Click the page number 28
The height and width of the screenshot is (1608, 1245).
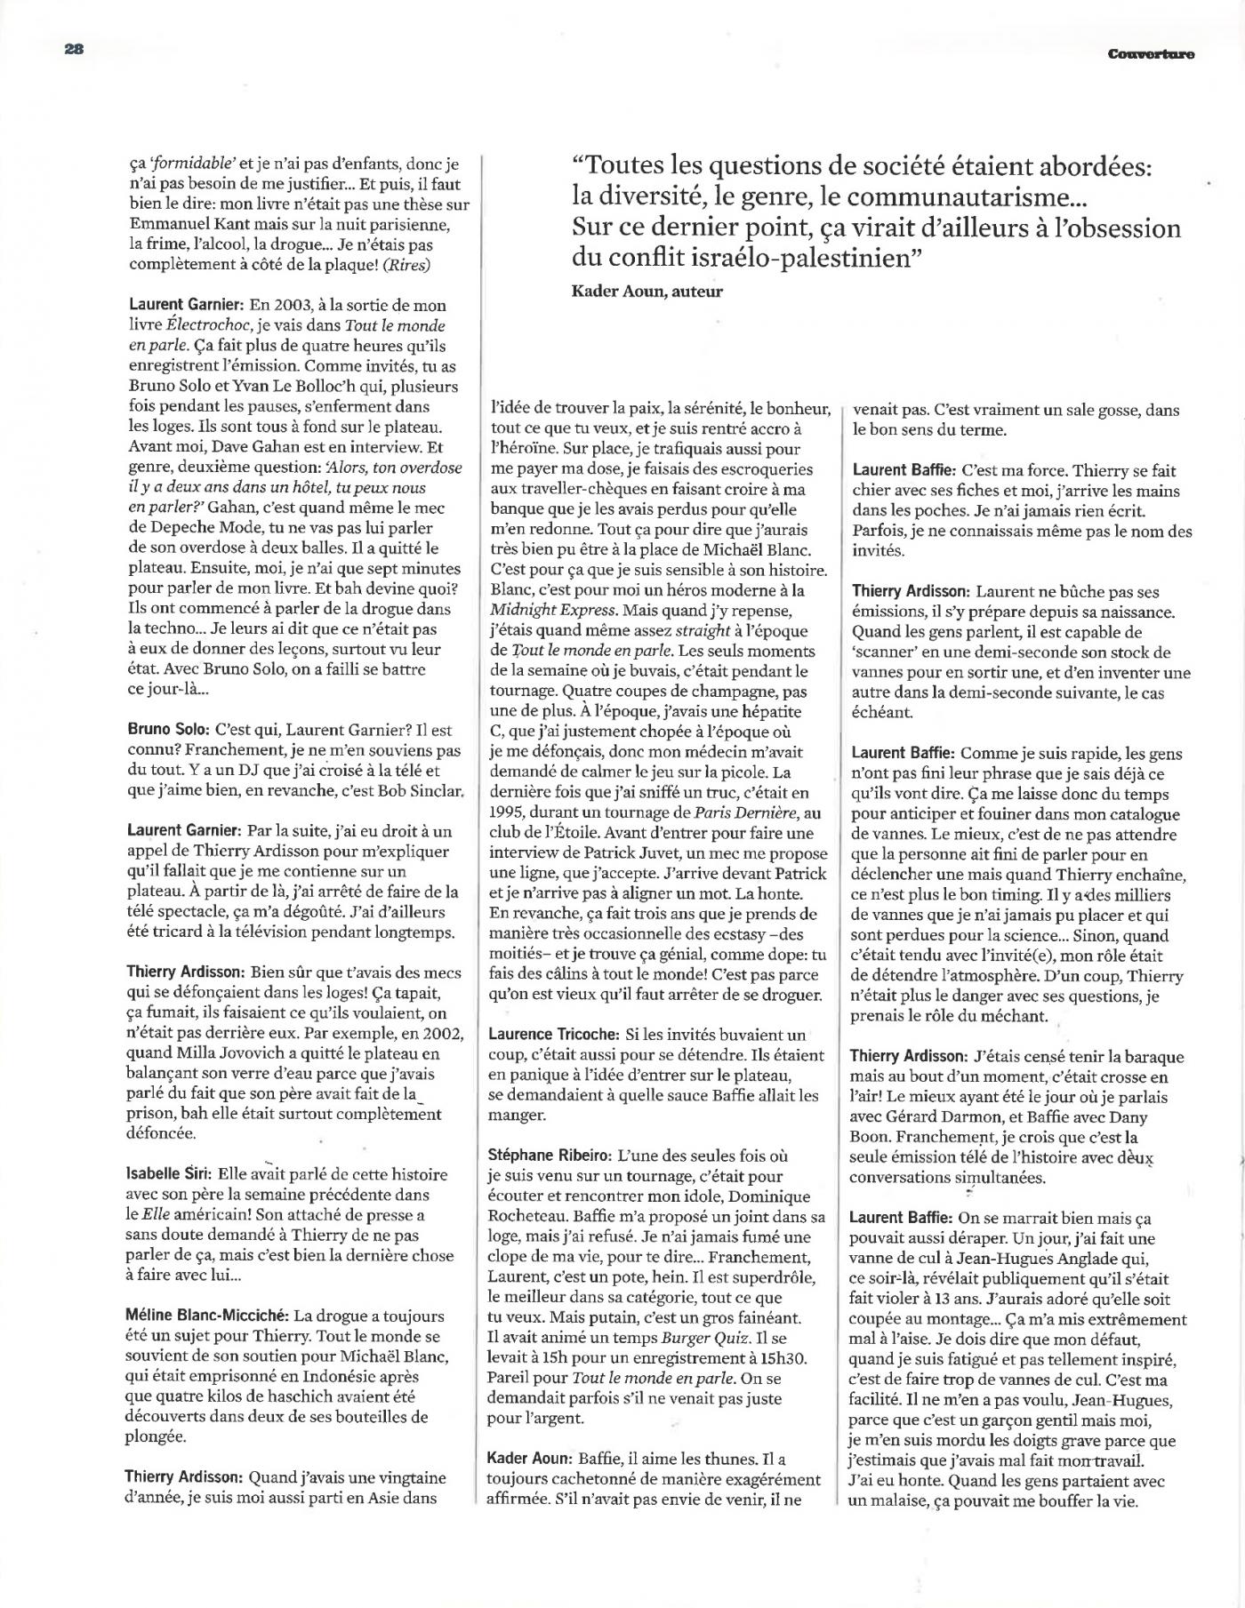(73, 50)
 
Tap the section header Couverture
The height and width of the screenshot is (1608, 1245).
(1151, 54)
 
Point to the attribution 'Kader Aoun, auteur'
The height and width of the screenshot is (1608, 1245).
(647, 291)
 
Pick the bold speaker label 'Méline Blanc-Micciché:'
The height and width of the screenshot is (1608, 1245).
(207, 1316)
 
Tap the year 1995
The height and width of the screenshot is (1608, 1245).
(507, 813)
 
